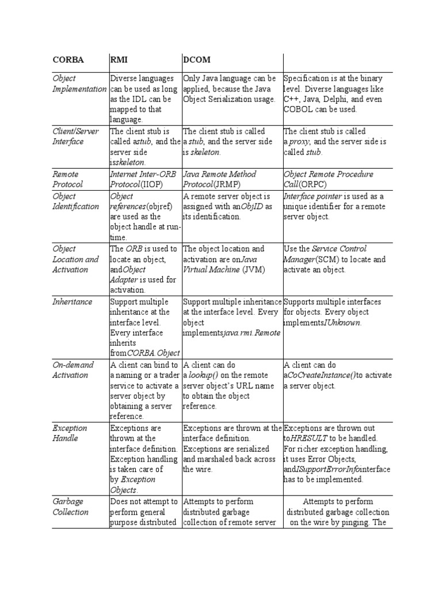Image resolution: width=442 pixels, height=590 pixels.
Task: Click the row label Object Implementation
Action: (x=79, y=84)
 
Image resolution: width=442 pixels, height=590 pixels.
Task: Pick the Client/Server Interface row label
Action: (x=75, y=136)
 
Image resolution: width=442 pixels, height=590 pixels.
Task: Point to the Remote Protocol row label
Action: (x=67, y=179)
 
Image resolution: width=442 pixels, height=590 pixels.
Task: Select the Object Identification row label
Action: (x=75, y=201)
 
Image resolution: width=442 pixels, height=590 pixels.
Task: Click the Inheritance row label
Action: (x=72, y=301)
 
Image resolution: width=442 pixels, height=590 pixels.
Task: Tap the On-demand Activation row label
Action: (x=70, y=370)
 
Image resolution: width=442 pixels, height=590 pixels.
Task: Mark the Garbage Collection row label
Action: (x=70, y=506)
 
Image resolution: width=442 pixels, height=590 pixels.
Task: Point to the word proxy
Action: (x=299, y=142)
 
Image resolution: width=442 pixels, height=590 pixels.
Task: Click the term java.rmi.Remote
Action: (x=249, y=333)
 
